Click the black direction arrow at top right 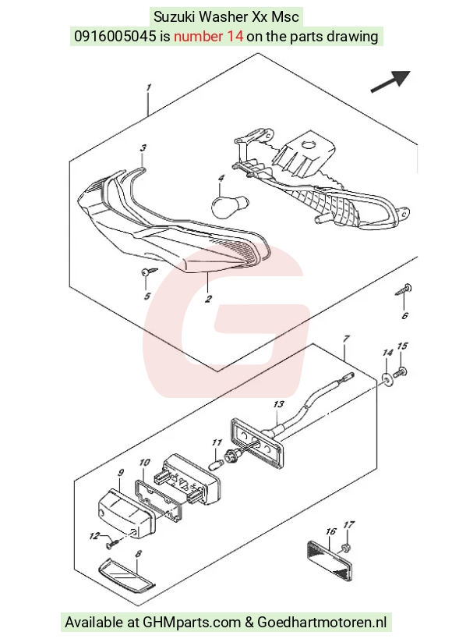pyautogui.click(x=390, y=81)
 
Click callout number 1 pyautogui.click(x=149, y=87)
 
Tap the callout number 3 pyautogui.click(x=143, y=148)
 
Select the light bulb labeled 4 pyautogui.click(x=230, y=204)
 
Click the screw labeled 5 pyautogui.click(x=150, y=272)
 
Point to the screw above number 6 pyautogui.click(x=404, y=290)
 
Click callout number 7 pyautogui.click(x=346, y=339)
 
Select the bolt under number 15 pyautogui.click(x=401, y=372)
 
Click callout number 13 pyautogui.click(x=278, y=404)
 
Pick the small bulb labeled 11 pyautogui.click(x=217, y=463)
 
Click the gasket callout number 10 pyautogui.click(x=144, y=463)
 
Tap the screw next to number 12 pyautogui.click(x=113, y=542)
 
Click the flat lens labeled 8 pyautogui.click(x=127, y=574)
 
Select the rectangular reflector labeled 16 pyautogui.click(x=329, y=560)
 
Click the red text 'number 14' pyautogui.click(x=209, y=36)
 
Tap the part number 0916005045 pyautogui.click(x=115, y=36)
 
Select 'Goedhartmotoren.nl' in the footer pyautogui.click(x=322, y=623)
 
